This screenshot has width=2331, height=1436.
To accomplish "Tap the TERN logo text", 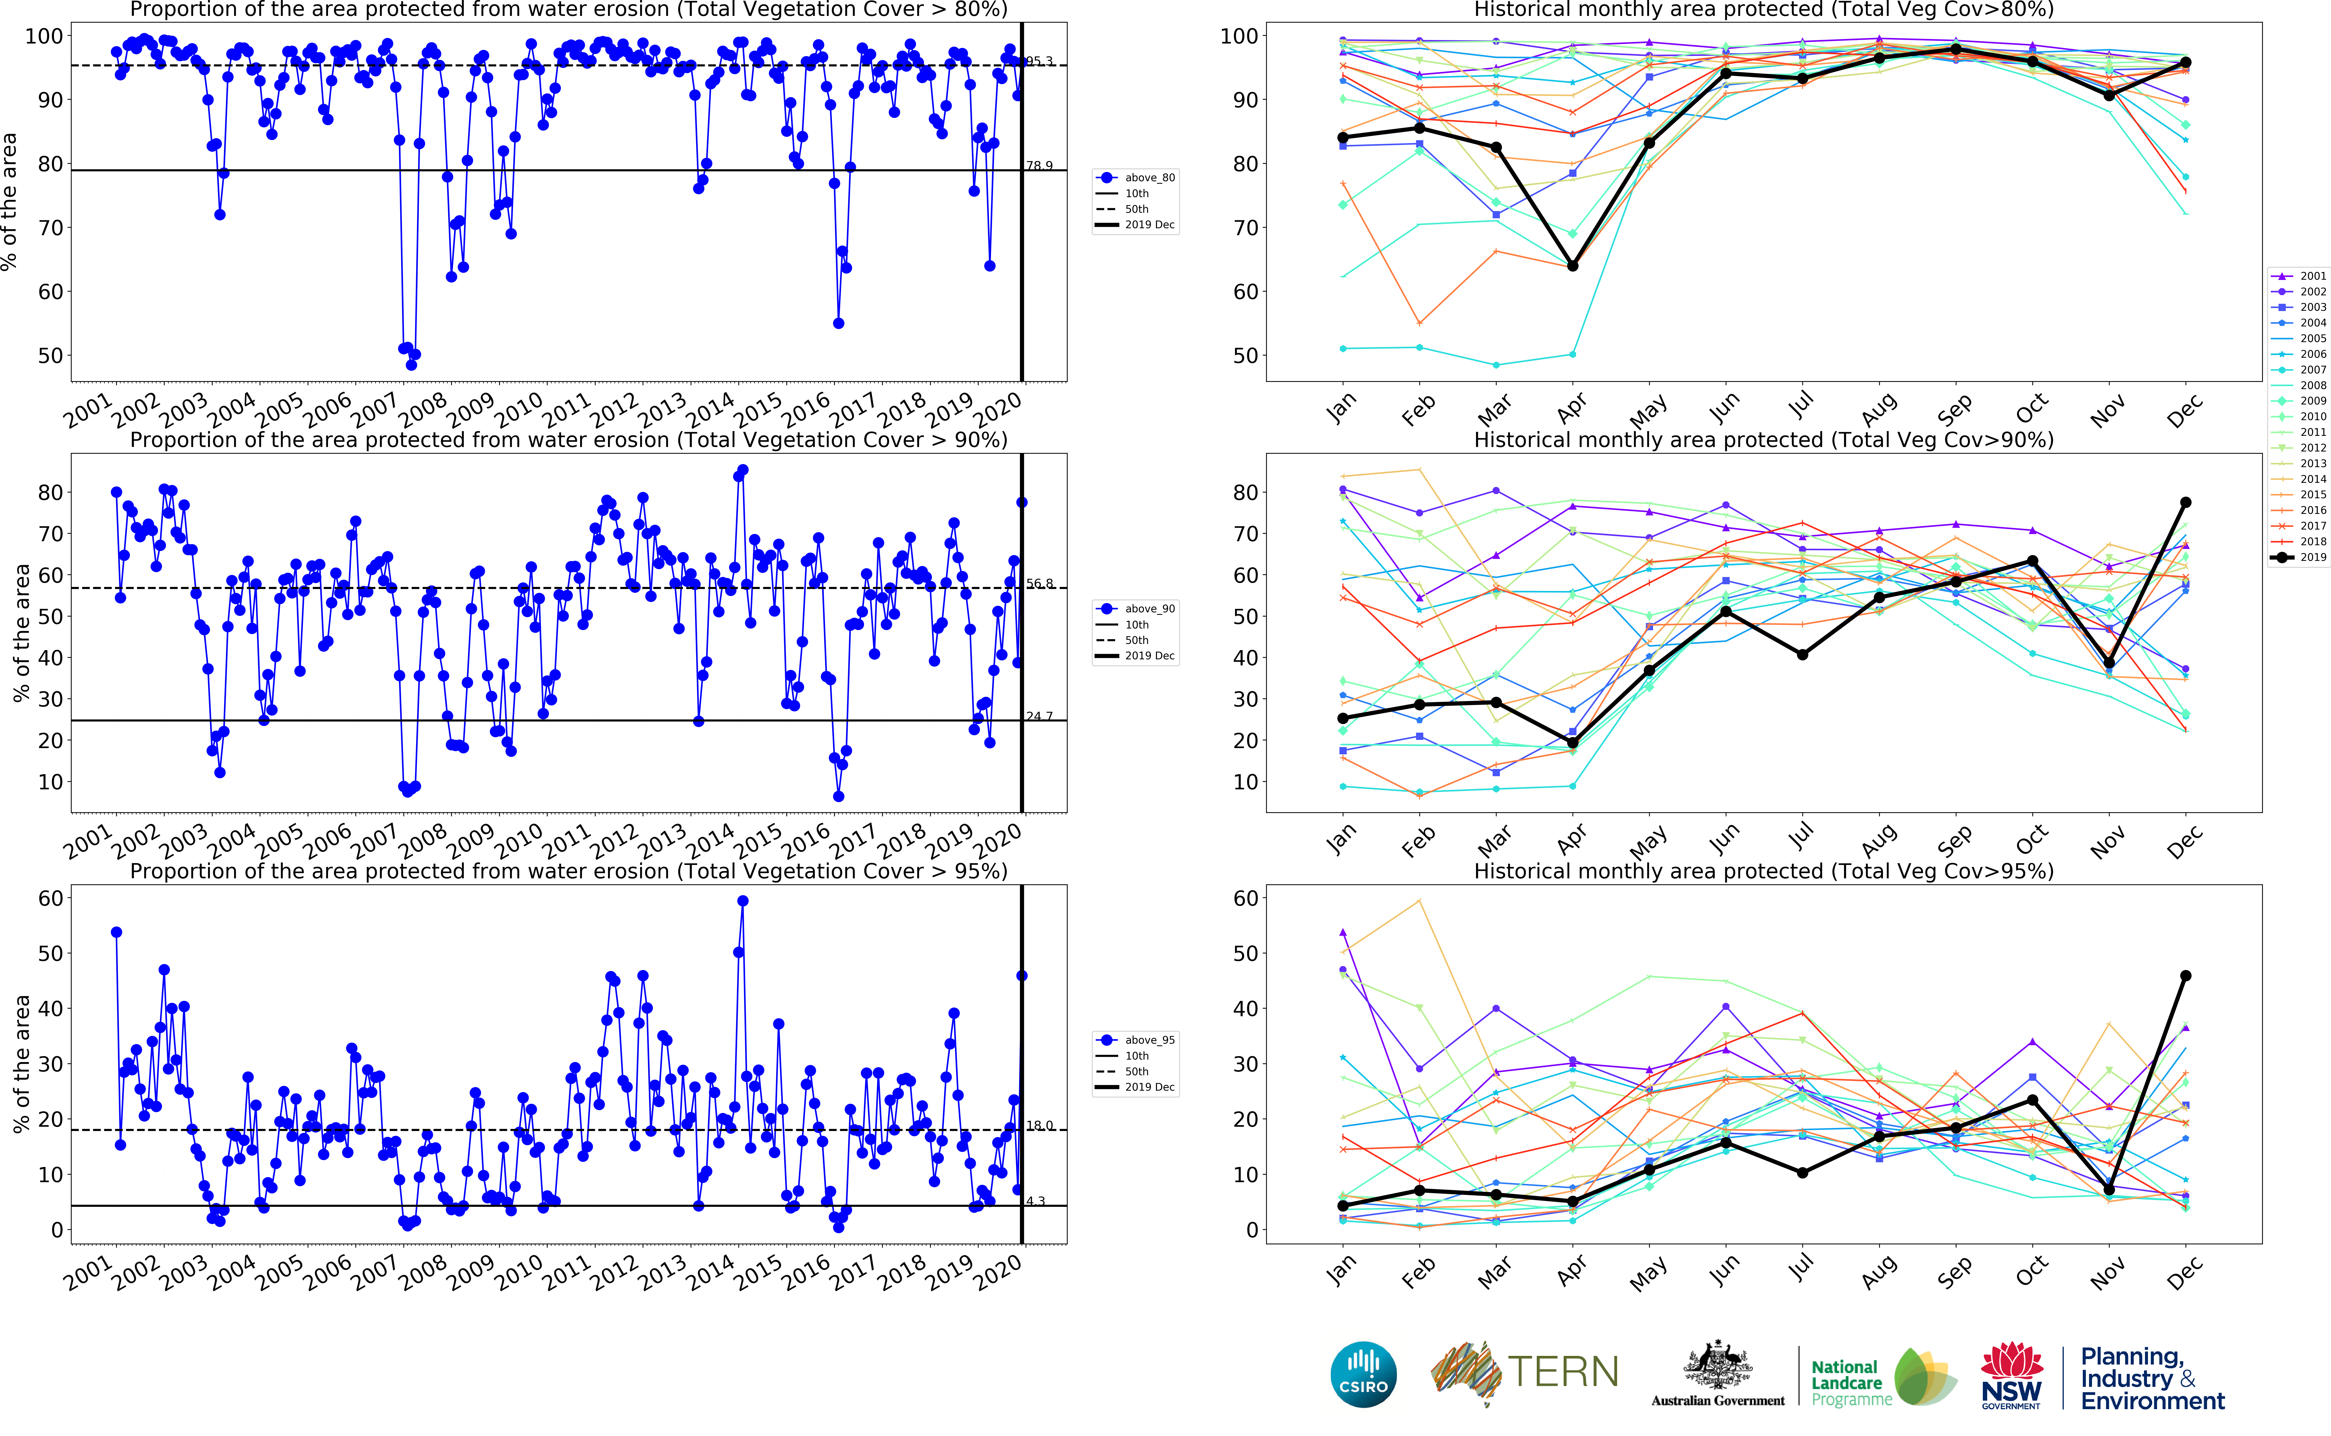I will point(1563,1372).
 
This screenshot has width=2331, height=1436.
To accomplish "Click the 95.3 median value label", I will point(1039,61).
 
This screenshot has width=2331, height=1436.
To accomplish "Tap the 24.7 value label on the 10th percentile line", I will point(1039,716).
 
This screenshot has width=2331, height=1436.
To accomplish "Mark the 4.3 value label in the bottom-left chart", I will point(1035,1201).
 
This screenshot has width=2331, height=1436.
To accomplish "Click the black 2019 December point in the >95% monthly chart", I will point(2186,975).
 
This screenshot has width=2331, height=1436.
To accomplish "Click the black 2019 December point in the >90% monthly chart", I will point(2186,502).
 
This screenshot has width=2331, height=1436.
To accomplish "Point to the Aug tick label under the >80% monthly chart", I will point(1878,410).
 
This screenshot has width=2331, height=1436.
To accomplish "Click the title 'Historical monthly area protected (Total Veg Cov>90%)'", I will point(1763,440).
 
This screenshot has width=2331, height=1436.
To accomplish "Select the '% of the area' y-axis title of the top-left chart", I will point(9,201).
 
